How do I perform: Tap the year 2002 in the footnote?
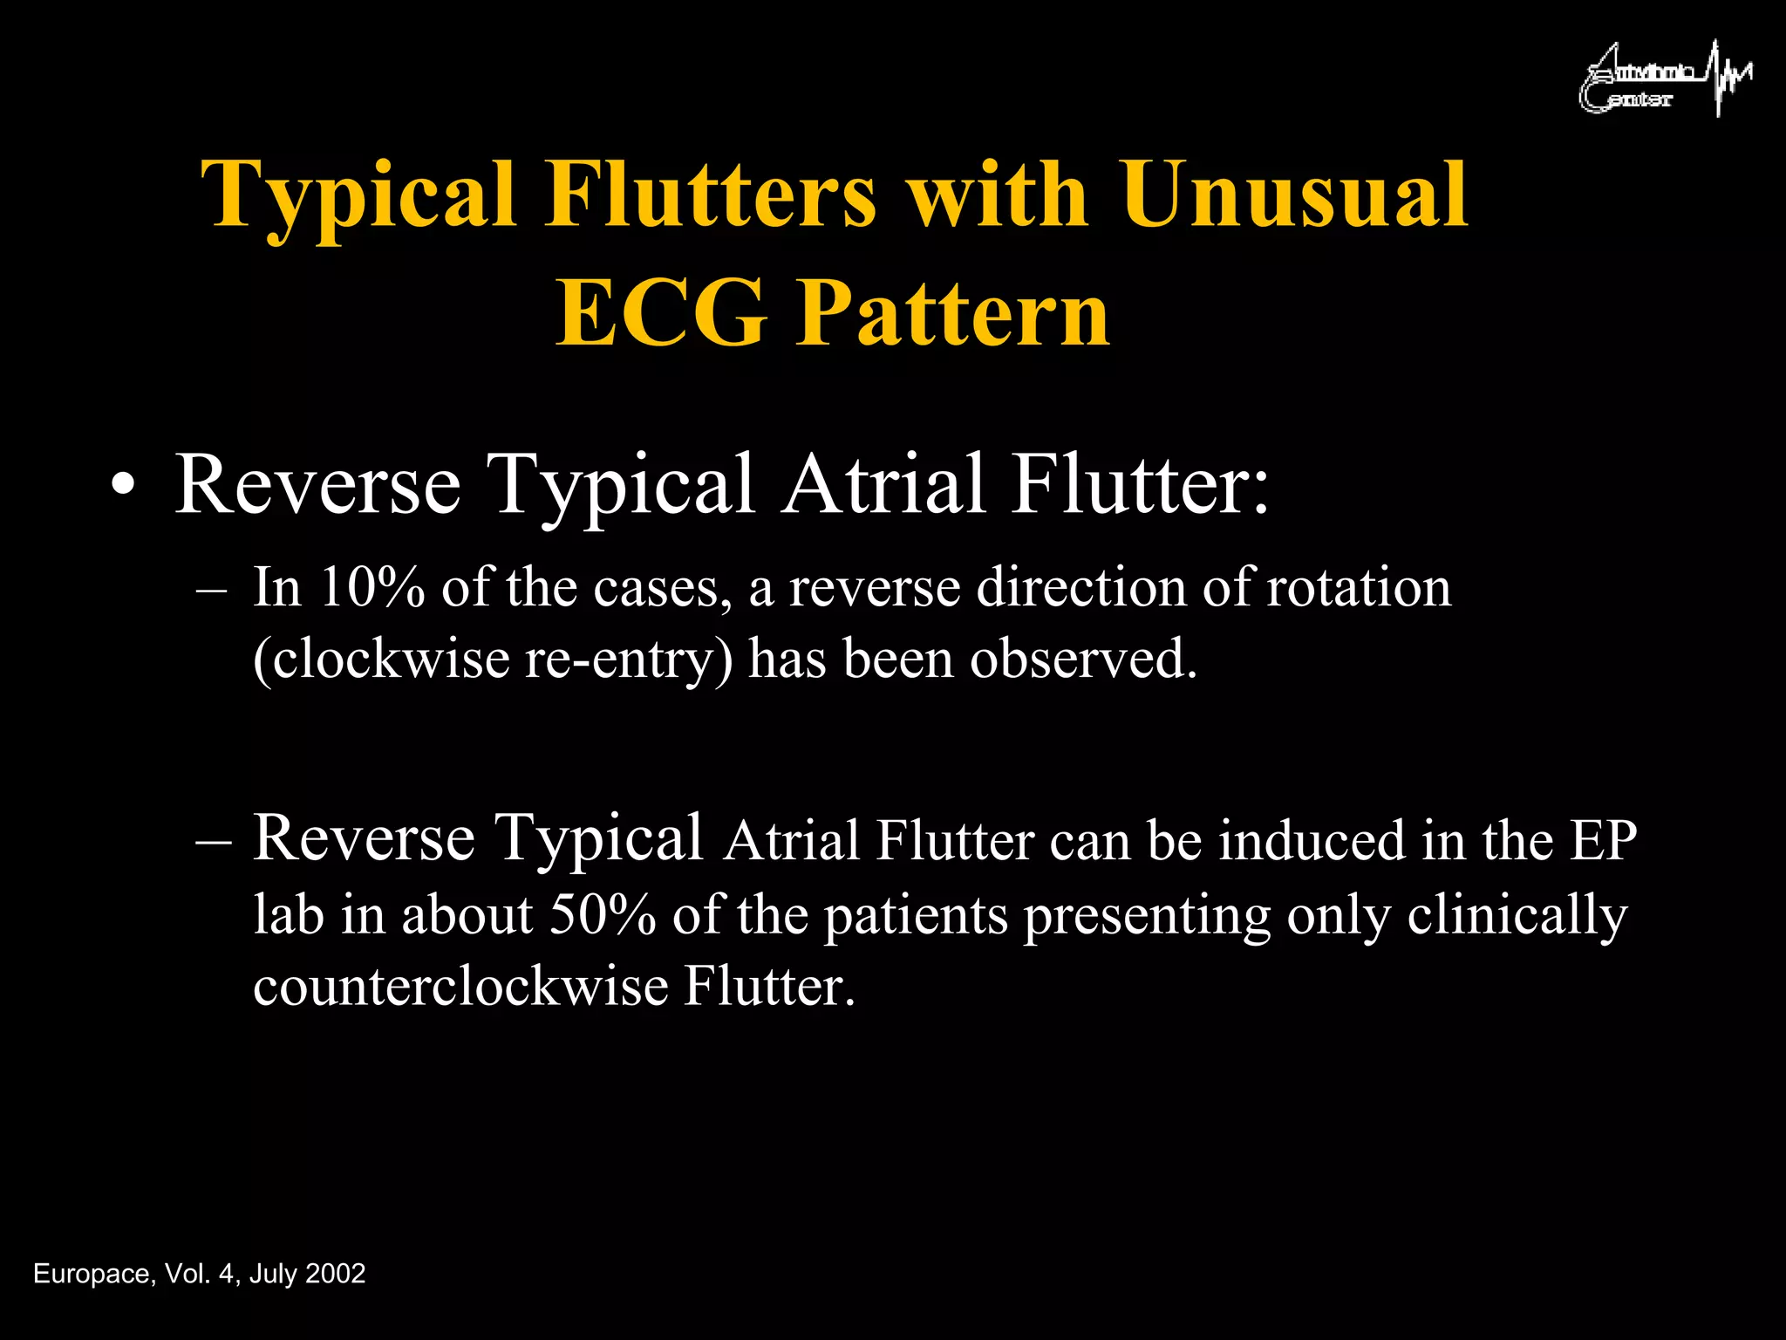336,1274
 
